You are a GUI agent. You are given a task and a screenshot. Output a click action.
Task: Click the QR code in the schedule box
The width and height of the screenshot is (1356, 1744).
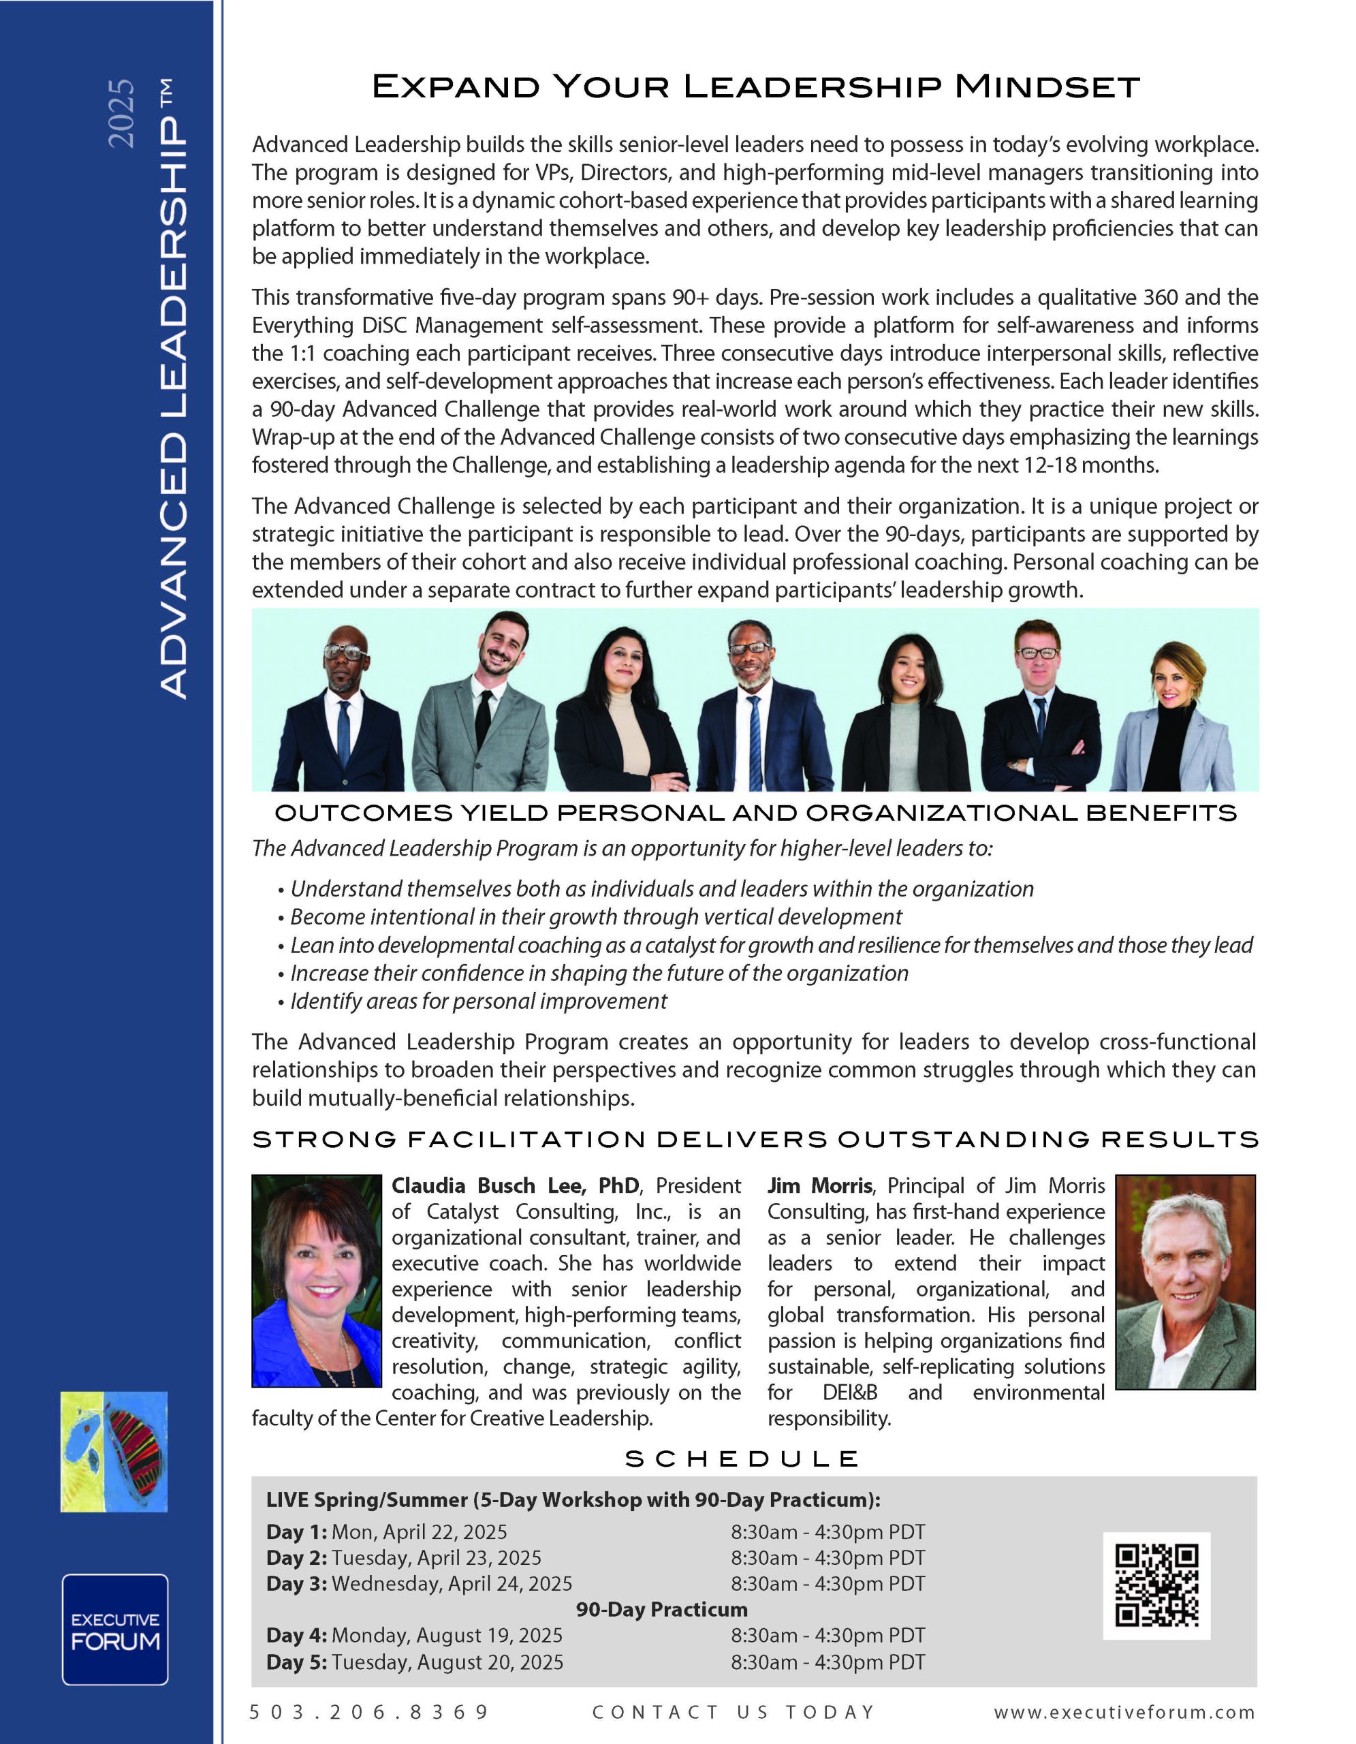[1156, 1585]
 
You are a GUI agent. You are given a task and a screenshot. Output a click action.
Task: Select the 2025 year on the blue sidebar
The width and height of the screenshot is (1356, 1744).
[121, 112]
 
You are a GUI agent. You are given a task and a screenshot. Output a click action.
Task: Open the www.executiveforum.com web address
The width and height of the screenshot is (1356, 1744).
[1124, 1712]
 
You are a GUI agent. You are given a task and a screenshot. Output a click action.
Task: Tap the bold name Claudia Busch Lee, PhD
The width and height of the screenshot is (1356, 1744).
[515, 1186]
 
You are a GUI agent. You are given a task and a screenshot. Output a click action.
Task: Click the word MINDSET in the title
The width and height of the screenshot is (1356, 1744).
[1047, 87]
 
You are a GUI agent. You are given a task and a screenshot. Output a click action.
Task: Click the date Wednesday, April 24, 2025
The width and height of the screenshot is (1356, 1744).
[452, 1583]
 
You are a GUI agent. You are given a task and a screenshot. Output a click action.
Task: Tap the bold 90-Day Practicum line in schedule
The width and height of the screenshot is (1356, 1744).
[661, 1609]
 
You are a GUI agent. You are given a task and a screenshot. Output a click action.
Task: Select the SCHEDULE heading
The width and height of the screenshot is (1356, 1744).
[742, 1460]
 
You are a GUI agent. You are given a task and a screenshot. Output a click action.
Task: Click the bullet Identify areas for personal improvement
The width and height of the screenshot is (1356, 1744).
[478, 1001]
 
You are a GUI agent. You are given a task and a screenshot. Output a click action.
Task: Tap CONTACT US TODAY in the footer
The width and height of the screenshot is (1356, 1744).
[734, 1711]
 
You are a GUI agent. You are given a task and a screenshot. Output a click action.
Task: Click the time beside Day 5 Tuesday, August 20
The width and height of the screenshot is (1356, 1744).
[827, 1662]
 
